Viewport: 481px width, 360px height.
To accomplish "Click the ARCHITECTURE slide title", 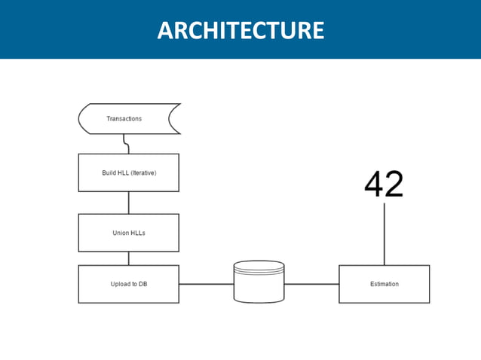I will [x=240, y=30].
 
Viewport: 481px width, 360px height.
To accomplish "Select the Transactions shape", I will [x=128, y=119].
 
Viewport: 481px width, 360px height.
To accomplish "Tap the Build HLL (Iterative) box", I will [x=128, y=172].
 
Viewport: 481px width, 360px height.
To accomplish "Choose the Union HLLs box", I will [x=128, y=233].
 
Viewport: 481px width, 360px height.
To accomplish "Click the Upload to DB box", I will [x=128, y=284].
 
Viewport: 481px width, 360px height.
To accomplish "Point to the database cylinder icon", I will [x=259, y=282].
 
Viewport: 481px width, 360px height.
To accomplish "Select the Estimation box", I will [x=384, y=284].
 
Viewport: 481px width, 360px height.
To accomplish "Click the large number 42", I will [x=384, y=185].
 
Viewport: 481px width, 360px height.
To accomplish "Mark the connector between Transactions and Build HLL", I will [x=127, y=145].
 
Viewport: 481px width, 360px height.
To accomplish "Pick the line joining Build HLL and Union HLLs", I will [x=128, y=203].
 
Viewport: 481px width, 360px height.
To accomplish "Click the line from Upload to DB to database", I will [x=206, y=284].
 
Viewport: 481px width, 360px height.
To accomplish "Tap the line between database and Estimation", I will [x=311, y=284].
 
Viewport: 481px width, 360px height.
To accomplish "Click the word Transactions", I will [x=124, y=119].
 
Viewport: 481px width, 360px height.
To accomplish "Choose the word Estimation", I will [x=384, y=284].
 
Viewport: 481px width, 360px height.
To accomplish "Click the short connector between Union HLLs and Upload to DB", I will [x=128, y=258].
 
